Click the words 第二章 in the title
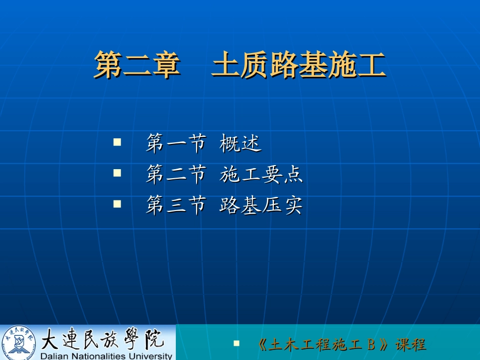tap(137, 65)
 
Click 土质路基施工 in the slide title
tap(298, 65)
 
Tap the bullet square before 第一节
tap(117, 143)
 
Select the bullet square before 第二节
tap(117, 173)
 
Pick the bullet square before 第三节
tap(117, 204)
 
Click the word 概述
tap(241, 144)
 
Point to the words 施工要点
tap(261, 175)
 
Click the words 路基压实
tap(261, 205)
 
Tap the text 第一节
tap(175, 144)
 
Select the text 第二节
tap(175, 175)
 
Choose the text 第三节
tap(175, 205)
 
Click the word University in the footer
tap(151, 355)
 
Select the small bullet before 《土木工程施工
tap(236, 343)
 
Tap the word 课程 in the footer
tap(411, 345)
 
